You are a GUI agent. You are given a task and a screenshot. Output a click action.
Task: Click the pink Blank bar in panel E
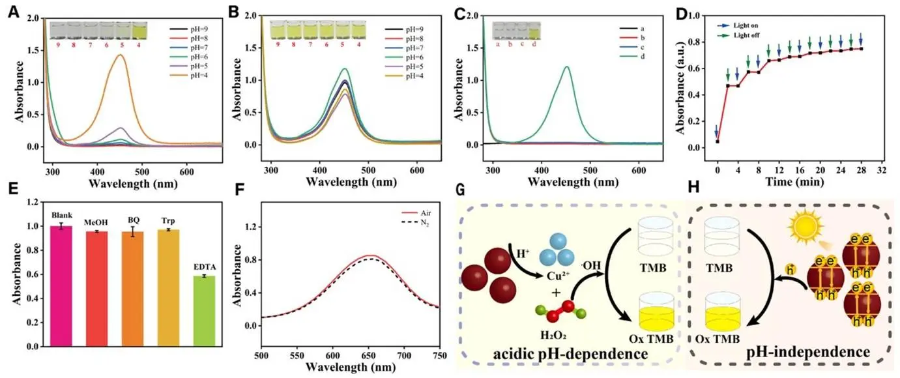(61, 284)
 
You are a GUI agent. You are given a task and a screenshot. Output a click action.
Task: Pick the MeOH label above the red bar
(98, 224)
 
